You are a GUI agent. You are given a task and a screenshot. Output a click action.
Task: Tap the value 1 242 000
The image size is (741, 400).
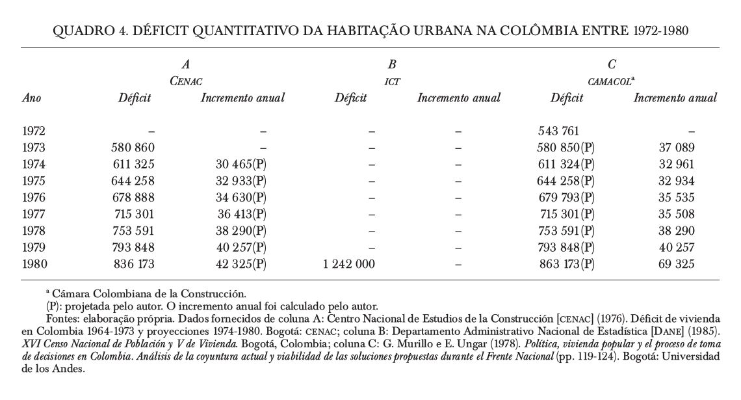click(348, 264)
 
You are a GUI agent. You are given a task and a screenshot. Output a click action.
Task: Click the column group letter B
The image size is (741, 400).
click(391, 64)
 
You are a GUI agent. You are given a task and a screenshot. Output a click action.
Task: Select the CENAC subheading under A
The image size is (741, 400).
click(186, 81)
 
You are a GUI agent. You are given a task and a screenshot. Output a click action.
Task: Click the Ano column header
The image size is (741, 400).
click(32, 98)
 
